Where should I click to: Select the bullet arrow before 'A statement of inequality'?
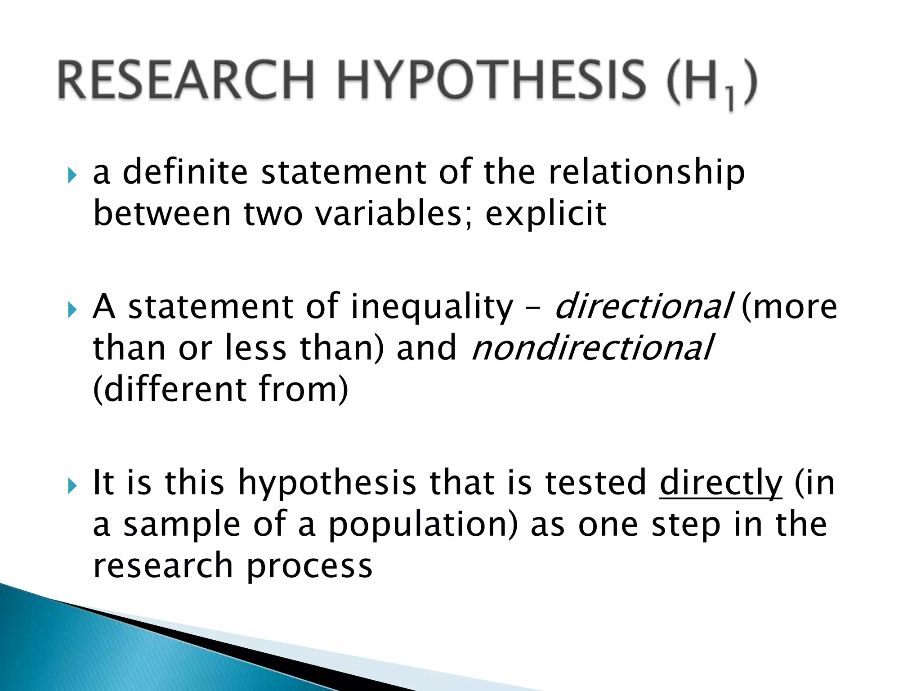(x=72, y=309)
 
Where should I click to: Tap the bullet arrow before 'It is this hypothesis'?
(x=72, y=485)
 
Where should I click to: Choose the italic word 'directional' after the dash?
(x=643, y=306)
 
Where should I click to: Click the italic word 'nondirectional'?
(x=592, y=348)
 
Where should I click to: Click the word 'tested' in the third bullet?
(x=595, y=483)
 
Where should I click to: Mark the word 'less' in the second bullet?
(x=255, y=348)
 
